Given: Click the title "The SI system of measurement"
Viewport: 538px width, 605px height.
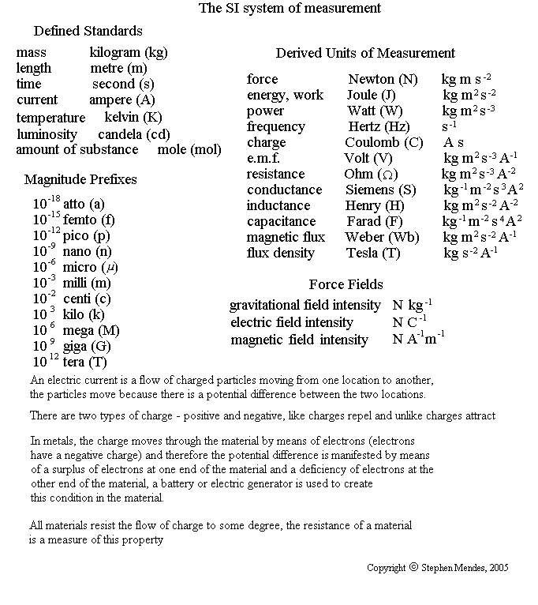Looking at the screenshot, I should click(290, 9).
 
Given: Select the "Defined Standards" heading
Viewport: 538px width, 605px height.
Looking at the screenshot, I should click(88, 32).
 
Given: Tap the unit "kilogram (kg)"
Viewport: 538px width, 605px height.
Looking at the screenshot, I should click(129, 53).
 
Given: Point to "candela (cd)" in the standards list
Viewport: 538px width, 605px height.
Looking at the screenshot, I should click(134, 134).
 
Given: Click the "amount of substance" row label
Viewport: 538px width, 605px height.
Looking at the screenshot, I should click(77, 150).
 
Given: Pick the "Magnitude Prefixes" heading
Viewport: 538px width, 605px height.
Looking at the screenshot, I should click(80, 180).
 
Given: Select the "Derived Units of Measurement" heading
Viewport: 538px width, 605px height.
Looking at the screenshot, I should click(365, 54).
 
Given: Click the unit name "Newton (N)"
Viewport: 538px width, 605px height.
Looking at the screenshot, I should click(383, 80).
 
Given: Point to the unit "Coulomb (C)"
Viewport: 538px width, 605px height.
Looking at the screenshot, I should click(384, 143).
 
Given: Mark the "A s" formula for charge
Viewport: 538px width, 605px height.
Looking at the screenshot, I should click(454, 143).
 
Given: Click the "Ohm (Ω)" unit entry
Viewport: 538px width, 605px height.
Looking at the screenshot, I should click(371, 175).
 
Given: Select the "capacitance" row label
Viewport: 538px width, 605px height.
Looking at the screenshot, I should click(281, 222).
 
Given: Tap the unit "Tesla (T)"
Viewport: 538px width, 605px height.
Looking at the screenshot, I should click(373, 254).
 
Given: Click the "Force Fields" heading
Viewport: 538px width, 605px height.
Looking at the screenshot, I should click(346, 285).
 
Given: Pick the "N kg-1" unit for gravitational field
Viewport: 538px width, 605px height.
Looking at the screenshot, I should click(412, 305).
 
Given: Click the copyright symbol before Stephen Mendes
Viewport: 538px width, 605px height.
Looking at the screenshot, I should click(413, 567).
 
